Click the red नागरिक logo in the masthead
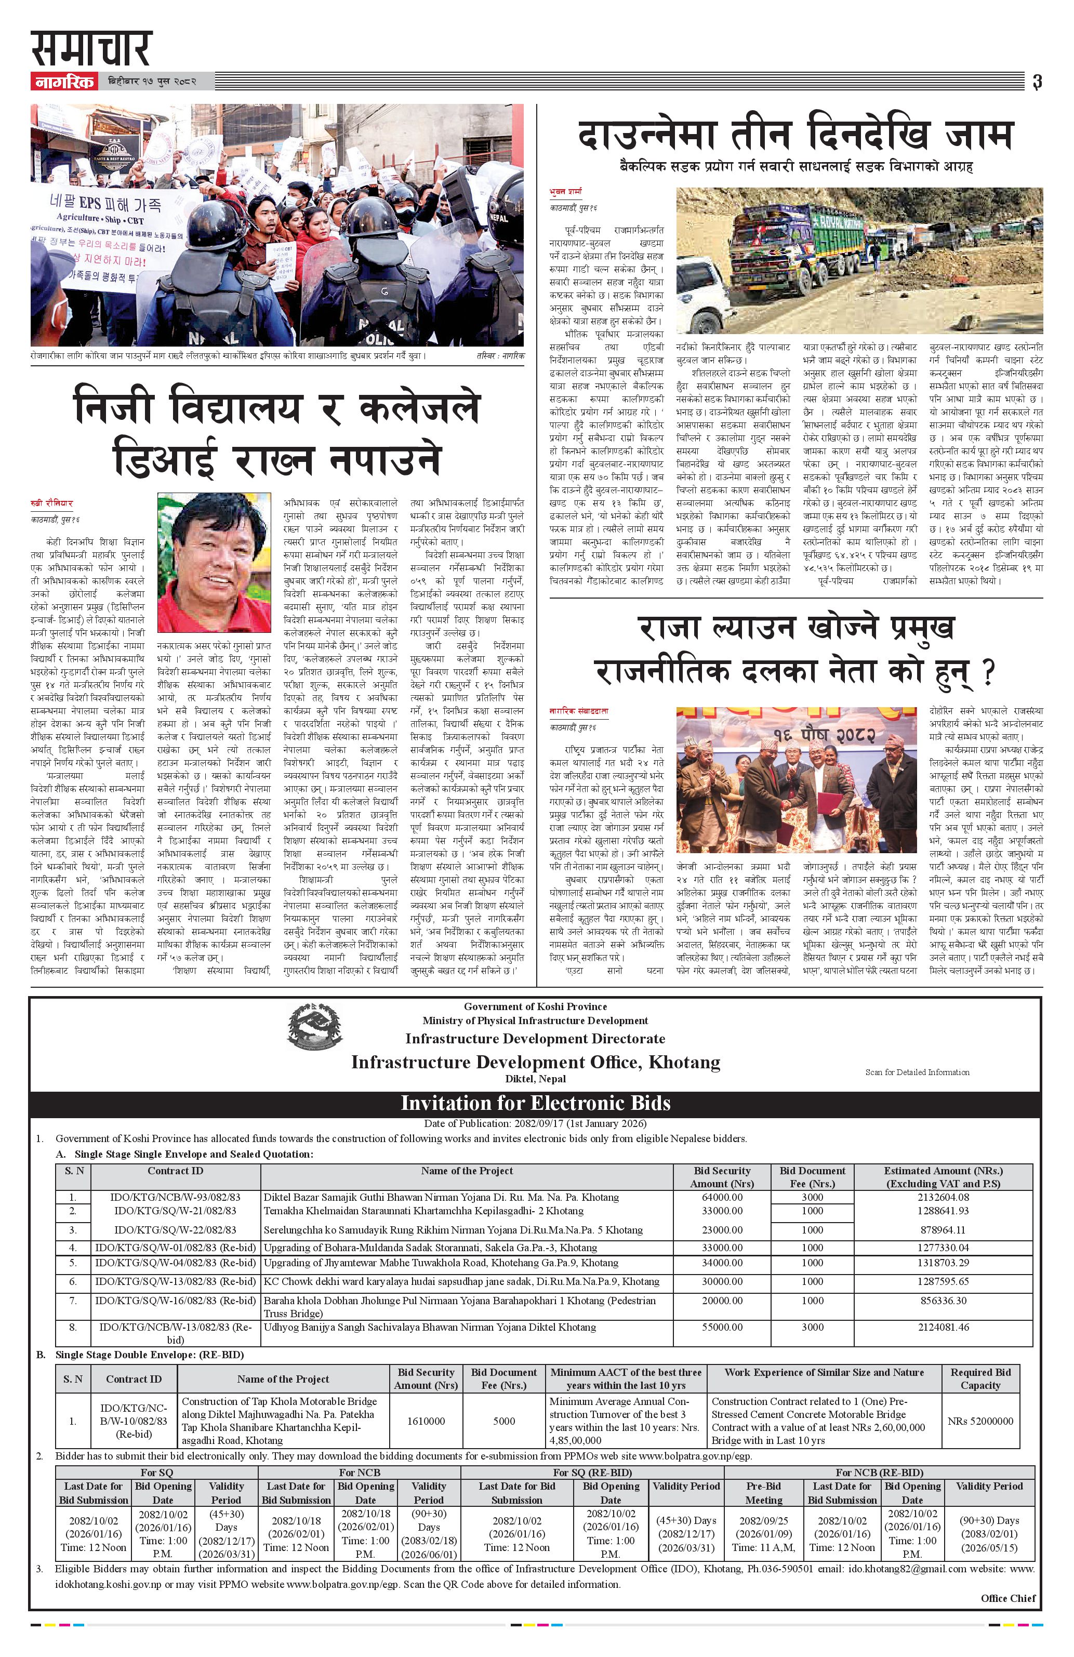point(63,82)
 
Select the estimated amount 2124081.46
point(943,1327)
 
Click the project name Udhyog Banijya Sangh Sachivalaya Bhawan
point(430,1327)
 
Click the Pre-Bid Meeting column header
point(764,1493)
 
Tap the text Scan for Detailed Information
point(917,1072)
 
